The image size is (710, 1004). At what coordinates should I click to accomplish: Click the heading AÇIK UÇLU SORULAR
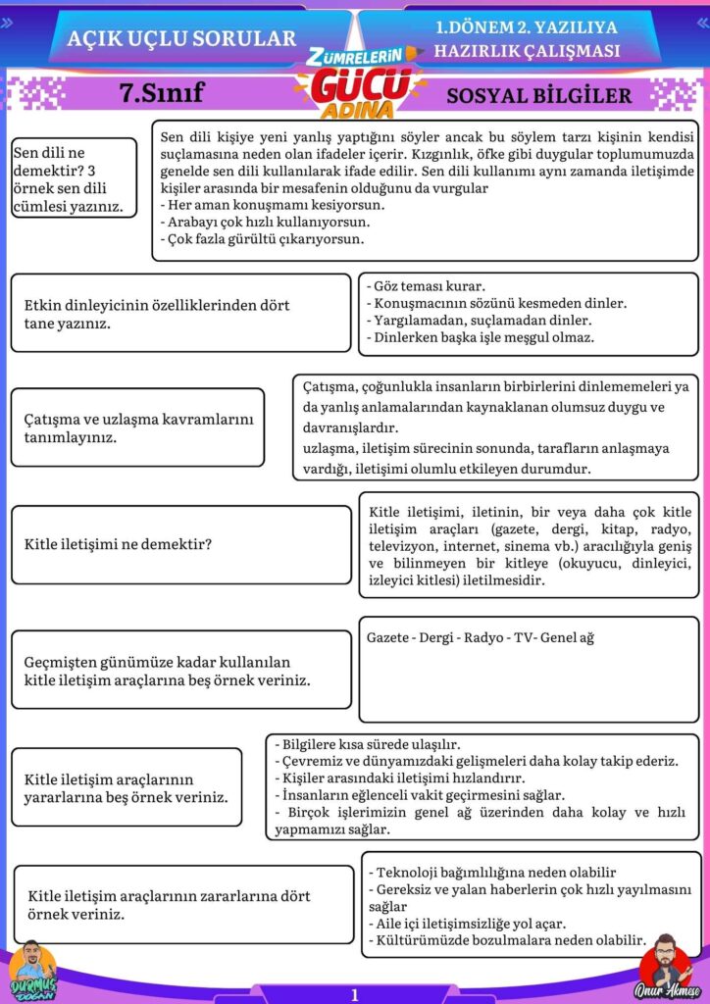pyautogui.click(x=181, y=38)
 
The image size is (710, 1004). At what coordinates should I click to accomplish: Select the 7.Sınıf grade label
pyautogui.click(x=162, y=93)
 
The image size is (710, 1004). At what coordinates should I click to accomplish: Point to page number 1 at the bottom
pyautogui.click(x=354, y=994)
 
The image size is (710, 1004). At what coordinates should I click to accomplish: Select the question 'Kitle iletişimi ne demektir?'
pyautogui.click(x=119, y=543)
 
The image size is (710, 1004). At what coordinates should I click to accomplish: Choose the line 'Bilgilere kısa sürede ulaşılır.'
pyautogui.click(x=367, y=744)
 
